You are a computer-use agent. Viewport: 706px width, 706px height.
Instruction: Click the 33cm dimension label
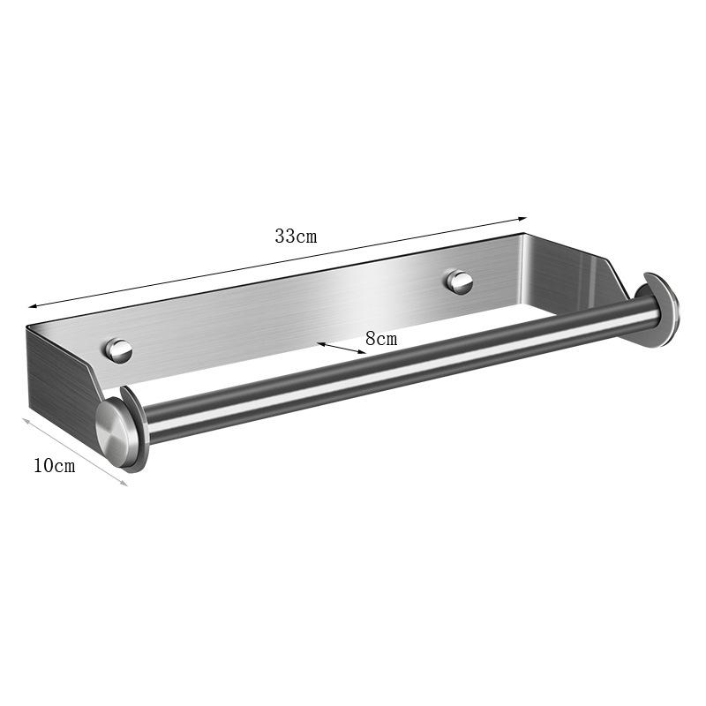click(296, 236)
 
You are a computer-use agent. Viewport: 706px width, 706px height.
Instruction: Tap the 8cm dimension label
click(381, 339)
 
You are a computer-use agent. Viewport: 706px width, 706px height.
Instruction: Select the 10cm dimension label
click(55, 466)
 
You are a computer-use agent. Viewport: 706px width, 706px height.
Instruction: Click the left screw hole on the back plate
click(118, 349)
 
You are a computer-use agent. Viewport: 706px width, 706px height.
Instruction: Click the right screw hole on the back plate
click(459, 282)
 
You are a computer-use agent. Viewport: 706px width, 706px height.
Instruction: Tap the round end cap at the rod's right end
click(658, 311)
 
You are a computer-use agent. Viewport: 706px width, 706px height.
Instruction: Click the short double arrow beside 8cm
click(342, 349)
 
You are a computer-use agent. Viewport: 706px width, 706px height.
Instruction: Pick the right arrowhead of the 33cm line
click(522, 219)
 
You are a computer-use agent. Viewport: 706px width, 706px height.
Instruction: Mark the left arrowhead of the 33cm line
click(33, 306)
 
